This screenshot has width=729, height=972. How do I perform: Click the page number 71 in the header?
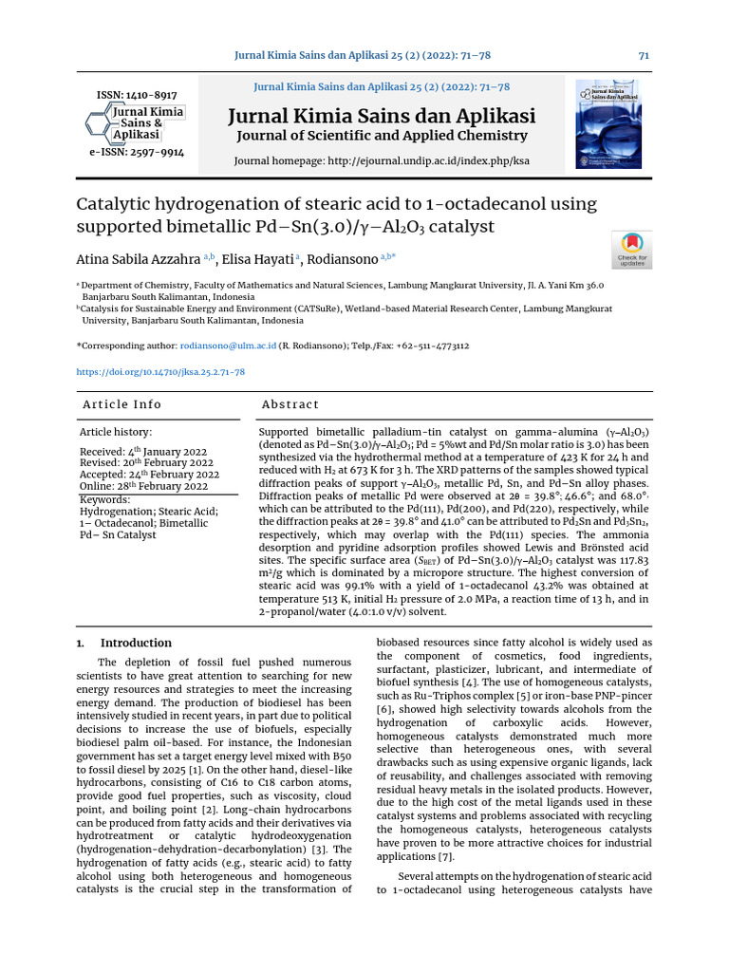tap(644, 56)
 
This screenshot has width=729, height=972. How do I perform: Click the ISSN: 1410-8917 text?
tap(137, 95)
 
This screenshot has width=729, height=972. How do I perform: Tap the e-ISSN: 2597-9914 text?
tap(137, 152)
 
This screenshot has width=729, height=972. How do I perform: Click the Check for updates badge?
tap(632, 250)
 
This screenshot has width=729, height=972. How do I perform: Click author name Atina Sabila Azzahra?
tap(138, 258)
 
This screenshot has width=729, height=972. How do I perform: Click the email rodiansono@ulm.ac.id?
tap(228, 346)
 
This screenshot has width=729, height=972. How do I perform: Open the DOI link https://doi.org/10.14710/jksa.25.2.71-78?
tap(160, 373)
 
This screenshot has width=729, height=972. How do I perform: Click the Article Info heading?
tap(122, 404)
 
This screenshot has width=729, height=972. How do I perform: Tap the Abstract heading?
tap(290, 404)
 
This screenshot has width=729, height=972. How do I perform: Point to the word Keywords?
tap(104, 499)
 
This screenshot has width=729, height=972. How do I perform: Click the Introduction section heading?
tap(136, 643)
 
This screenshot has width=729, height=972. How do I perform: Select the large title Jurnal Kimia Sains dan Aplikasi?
tap(382, 117)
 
